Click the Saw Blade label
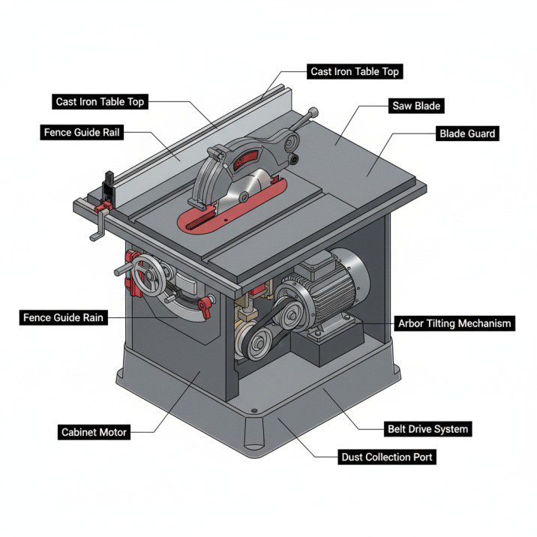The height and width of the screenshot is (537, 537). pos(416,105)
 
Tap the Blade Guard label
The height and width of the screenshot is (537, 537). pos(466,133)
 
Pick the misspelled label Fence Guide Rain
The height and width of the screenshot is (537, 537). pos(64,318)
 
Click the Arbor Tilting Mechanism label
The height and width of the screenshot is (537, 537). pos(454,324)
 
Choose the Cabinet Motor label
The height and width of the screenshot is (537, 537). pos(94,432)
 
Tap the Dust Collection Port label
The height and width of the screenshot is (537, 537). pos(387,456)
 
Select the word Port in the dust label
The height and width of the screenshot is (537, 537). pos(421,456)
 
